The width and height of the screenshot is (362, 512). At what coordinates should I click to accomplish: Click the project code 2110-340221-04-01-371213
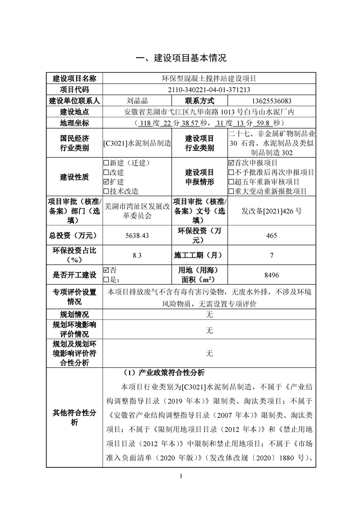coord(209,90)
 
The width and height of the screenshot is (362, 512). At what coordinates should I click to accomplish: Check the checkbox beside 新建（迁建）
coord(106,162)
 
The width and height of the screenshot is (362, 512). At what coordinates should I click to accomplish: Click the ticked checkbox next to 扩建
coord(106,182)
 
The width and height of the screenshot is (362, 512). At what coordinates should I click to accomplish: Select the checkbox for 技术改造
coord(106,191)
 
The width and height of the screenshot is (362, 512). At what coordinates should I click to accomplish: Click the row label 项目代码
coord(74,90)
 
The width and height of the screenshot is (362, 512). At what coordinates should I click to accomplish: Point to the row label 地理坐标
coord(74,123)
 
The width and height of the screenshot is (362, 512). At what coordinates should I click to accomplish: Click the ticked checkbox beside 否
coord(106,270)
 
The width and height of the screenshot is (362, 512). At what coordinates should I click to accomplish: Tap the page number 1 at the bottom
coord(181,476)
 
